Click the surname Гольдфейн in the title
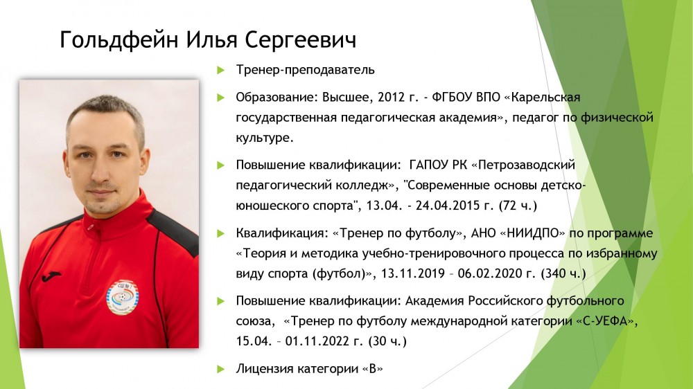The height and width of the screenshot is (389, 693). pos(119,40)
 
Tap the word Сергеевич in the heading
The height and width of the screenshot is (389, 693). pos(300,40)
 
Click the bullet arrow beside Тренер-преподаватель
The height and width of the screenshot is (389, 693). pos(221,70)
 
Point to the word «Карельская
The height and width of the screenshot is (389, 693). pos(542,97)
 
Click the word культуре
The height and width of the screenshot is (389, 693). pos(264,138)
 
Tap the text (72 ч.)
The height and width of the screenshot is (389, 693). pos(518,206)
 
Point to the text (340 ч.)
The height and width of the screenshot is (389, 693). pos(563,274)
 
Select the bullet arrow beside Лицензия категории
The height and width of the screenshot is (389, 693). pos(221,369)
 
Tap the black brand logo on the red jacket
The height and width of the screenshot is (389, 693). pos(51,276)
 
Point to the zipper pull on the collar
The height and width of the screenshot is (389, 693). pos(91,228)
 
